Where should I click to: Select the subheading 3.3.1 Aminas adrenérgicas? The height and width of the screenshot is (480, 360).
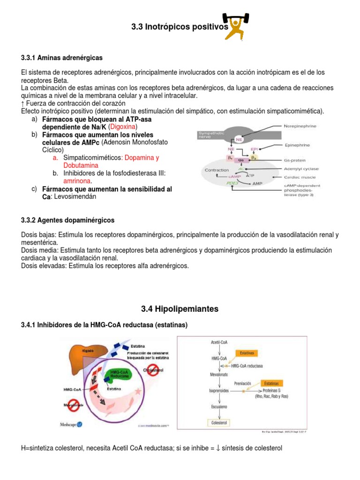coord(61,58)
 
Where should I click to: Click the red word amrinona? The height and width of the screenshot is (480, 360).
coord(77,181)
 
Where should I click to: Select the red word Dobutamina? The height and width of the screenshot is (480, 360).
coord(81,165)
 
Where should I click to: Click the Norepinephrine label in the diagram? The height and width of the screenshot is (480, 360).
coord(300,127)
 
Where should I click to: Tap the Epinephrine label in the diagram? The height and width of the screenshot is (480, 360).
coord(297,145)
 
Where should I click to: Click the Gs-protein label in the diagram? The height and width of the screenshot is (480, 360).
coord(296,160)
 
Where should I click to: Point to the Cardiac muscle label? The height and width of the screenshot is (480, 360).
coord(300,177)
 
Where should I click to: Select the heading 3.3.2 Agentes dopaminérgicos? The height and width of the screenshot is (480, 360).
coord(67,220)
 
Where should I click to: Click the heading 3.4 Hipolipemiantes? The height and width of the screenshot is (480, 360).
coord(180,309)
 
